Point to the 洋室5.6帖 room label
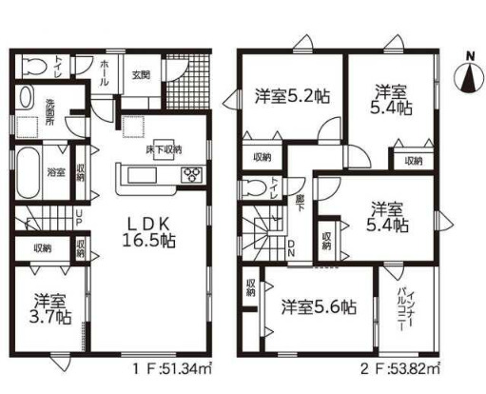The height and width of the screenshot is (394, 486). coord(320,307)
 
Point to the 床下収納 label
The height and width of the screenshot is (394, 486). coord(164,149)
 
